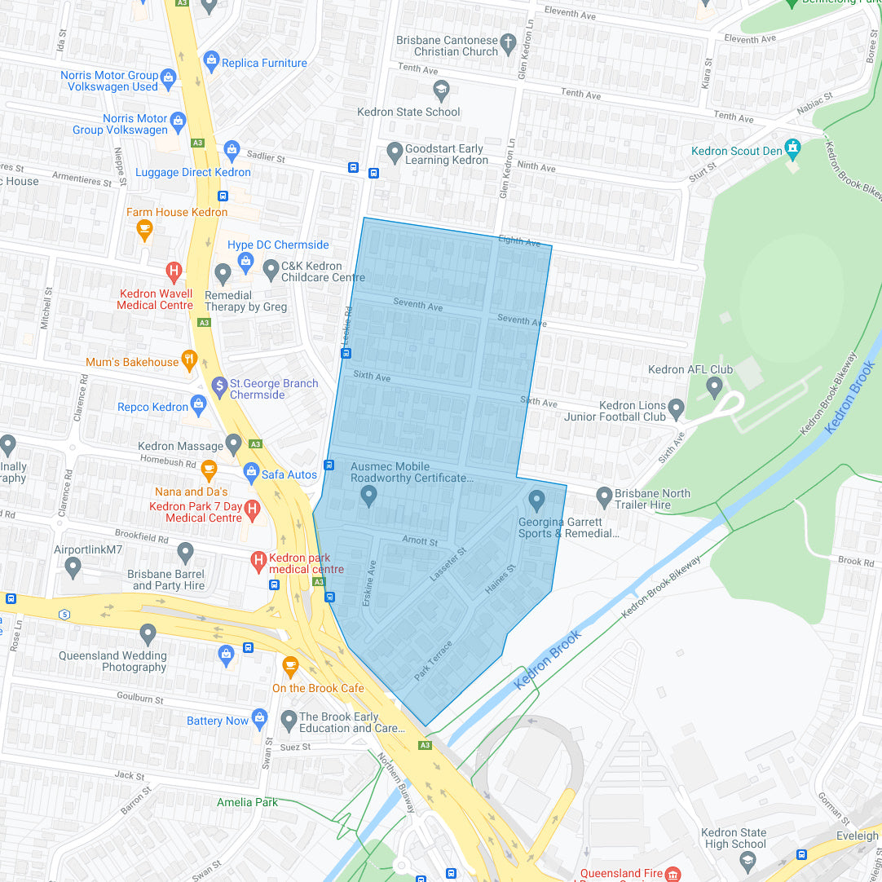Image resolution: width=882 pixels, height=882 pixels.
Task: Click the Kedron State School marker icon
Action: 441,90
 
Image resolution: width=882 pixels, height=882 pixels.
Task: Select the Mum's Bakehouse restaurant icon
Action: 190,359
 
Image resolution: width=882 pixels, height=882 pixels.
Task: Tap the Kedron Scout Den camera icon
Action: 792,148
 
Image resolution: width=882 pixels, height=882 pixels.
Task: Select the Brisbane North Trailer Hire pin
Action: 604,496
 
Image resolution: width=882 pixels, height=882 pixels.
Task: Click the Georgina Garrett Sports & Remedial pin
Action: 536,498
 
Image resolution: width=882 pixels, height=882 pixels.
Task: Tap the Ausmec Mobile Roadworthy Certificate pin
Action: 369,495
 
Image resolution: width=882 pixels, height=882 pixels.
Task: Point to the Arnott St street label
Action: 420,540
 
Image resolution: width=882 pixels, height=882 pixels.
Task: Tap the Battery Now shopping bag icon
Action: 260,718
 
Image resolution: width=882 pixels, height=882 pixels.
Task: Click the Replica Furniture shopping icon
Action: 211,60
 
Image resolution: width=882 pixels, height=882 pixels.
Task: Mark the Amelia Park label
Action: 247,802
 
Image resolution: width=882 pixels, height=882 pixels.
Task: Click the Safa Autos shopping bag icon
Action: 251,472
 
